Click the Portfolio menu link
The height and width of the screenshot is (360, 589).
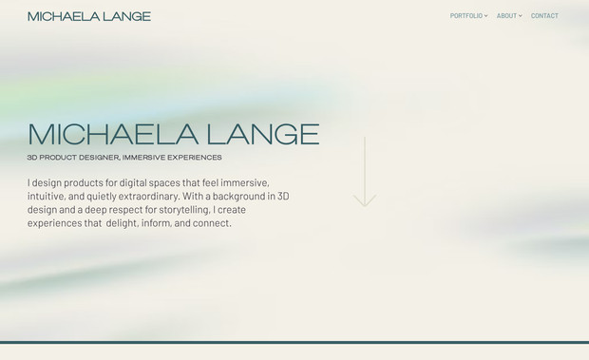pyautogui.click(x=465, y=16)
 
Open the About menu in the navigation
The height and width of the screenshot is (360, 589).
pyautogui.click(x=506, y=16)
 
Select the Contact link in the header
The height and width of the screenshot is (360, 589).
pyautogui.click(x=544, y=16)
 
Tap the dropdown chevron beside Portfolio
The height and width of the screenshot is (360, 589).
pyautogui.click(x=486, y=16)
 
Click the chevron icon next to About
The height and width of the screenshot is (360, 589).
pyautogui.click(x=521, y=16)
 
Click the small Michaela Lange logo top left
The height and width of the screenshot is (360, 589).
pyautogui.click(x=89, y=16)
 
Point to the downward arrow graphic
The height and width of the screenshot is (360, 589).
pyautogui.click(x=365, y=172)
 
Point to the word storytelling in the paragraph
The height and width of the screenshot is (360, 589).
pyautogui.click(x=177, y=210)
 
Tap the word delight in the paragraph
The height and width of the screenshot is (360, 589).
pyautogui.click(x=121, y=223)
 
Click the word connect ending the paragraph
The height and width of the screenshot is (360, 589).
pyautogui.click(x=211, y=223)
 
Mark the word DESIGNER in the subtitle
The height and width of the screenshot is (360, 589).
pyautogui.click(x=100, y=158)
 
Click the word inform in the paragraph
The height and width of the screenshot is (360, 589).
pyautogui.click(x=156, y=223)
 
